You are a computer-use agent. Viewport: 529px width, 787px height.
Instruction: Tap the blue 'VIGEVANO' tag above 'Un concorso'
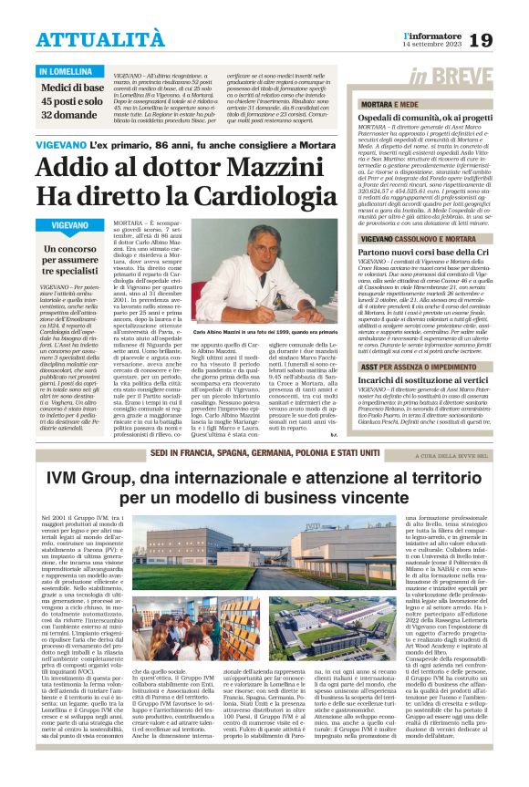70,224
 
